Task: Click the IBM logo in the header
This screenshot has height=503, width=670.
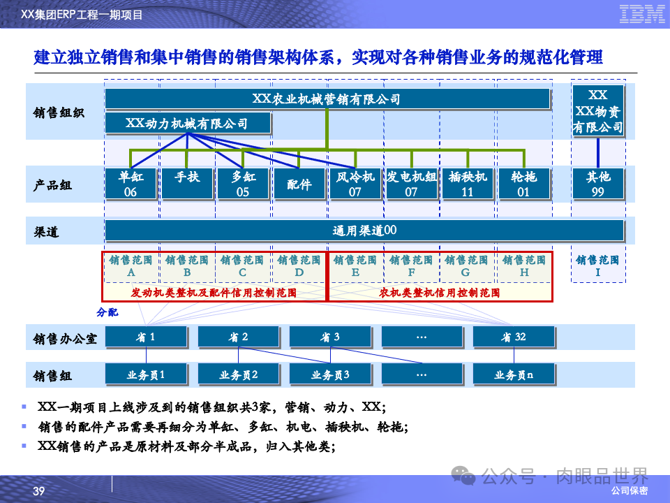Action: coord(642,13)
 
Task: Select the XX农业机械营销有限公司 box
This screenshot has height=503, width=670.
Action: coord(327,99)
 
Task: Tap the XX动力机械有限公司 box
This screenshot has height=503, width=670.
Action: coord(187,124)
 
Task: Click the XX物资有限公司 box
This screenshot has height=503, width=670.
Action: coord(598,111)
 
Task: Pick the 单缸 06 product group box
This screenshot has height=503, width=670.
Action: coord(131,184)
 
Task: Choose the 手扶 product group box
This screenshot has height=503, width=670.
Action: coord(187,184)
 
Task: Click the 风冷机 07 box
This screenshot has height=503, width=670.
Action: coord(355,184)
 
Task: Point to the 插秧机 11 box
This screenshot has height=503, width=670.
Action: coord(468,184)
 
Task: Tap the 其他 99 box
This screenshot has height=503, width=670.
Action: coord(598,184)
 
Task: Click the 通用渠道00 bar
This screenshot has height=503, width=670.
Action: coord(364,231)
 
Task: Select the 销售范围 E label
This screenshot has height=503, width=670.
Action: coord(355,266)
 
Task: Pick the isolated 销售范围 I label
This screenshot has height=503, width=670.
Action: coord(598,266)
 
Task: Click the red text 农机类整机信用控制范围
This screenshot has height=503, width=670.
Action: coord(440,293)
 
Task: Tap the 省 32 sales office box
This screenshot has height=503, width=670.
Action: coord(514,337)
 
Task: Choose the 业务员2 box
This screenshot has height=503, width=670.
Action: coord(239,375)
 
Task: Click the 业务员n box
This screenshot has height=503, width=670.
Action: coord(514,375)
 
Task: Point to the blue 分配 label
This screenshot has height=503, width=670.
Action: coord(107,312)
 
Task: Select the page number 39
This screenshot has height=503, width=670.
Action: coord(39,492)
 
